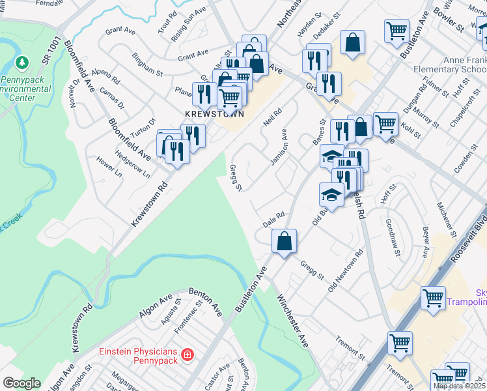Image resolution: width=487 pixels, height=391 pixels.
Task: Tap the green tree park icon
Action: [23, 63]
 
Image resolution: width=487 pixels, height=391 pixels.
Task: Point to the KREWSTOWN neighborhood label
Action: [214, 113]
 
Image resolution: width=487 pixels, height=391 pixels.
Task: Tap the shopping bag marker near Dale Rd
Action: [285, 242]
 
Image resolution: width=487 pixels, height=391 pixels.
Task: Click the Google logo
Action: [21, 383]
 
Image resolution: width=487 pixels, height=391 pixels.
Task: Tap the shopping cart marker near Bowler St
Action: [397, 30]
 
